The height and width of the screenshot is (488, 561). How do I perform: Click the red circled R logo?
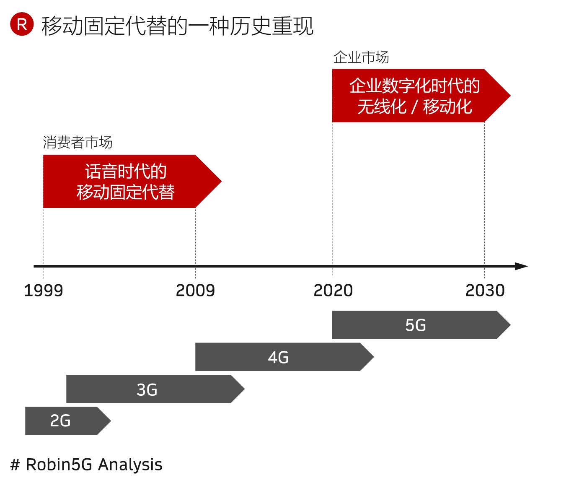coord(22,24)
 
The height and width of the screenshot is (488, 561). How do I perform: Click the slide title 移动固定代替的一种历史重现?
coord(177,26)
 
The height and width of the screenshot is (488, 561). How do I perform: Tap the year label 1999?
coord(43,290)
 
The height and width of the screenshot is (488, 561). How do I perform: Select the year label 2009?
coord(195,290)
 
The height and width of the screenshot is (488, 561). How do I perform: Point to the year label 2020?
coord(333,290)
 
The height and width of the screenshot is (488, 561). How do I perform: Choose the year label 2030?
coord(485,290)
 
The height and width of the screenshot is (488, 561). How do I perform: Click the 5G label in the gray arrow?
coord(416,325)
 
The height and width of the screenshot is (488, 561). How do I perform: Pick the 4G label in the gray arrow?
coord(278,358)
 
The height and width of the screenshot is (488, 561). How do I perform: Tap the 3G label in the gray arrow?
coord(147,390)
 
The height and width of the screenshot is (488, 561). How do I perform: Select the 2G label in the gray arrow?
coord(60,421)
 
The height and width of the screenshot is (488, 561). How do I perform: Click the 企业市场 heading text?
coord(361,57)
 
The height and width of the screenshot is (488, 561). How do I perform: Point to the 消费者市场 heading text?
coord(78,143)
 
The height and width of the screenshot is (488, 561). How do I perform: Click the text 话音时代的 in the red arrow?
coord(126,171)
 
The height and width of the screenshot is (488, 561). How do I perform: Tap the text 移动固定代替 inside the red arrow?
coord(126,192)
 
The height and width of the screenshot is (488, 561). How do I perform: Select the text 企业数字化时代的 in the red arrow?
coord(414,86)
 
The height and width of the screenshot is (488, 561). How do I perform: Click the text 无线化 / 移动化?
coord(414,106)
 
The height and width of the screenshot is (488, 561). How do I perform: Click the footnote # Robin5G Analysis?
coord(86,465)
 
